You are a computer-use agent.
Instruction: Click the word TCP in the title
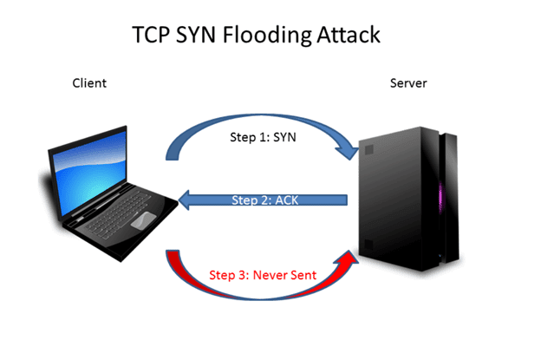151,35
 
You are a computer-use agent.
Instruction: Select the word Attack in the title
349,35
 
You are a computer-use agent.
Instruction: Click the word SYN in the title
196,35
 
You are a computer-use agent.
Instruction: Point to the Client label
89,83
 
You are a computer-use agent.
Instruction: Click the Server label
408,83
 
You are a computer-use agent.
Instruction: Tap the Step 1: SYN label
263,137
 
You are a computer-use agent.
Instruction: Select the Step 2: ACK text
264,200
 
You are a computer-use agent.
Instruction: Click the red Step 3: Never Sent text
263,275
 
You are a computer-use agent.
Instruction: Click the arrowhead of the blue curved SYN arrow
349,151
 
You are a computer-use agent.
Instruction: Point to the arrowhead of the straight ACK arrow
185,200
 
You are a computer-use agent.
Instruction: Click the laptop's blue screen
89,173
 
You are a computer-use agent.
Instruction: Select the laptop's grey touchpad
144,220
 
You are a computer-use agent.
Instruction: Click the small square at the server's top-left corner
369,150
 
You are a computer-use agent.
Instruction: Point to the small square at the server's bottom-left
368,245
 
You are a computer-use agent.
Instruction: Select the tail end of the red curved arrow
173,251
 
